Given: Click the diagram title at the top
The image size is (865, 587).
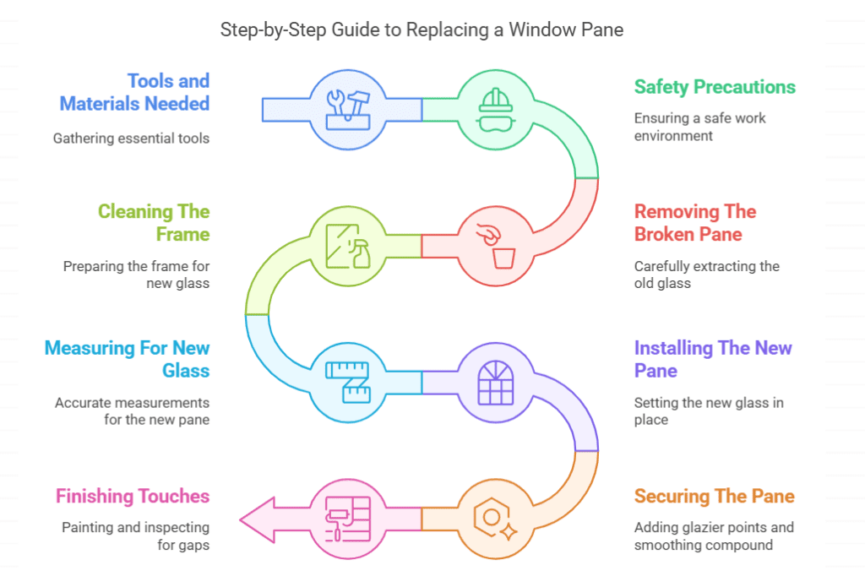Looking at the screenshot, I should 422,30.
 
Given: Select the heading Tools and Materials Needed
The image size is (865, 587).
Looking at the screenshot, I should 134,92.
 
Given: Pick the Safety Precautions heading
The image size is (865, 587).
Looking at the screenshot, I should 715,87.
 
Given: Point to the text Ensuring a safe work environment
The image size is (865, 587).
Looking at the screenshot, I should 699,127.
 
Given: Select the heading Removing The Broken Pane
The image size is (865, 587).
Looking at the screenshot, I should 695,223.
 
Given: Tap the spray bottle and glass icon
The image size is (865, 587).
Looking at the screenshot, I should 349,245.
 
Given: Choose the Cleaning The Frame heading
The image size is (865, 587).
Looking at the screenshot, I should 154,223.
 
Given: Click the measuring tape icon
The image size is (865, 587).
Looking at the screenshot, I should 349,381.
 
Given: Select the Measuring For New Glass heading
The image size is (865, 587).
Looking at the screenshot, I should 127,359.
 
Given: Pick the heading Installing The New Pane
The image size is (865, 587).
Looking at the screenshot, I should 713,359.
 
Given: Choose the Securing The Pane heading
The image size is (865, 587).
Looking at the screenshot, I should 714,496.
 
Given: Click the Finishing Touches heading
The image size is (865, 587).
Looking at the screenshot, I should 133,496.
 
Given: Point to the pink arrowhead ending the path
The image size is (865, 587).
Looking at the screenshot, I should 258,519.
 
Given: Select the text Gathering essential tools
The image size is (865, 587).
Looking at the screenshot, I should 131,139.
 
